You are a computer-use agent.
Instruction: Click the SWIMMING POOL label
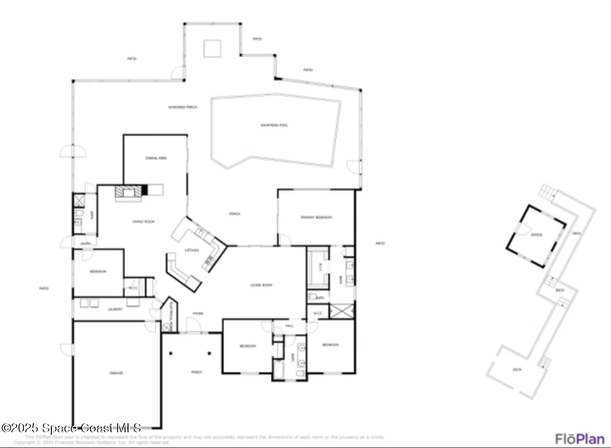point(274,125)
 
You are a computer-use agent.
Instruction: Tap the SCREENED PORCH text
point(182,107)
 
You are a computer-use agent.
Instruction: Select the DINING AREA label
point(156,158)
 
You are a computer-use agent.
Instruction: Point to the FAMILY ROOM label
point(143,222)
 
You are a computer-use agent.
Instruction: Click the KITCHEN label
point(192,250)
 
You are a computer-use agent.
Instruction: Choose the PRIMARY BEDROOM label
point(316,217)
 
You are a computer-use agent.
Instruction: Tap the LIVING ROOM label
point(261,285)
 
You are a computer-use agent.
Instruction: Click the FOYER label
point(197,314)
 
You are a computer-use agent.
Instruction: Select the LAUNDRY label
point(115,309)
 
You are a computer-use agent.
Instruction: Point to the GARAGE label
point(116,373)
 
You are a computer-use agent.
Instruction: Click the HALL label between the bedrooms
point(289,326)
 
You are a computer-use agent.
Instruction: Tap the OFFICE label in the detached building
point(537,234)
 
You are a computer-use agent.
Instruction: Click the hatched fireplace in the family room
point(128,192)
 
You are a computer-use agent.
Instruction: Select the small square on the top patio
point(212,49)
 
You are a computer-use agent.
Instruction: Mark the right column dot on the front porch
point(209,353)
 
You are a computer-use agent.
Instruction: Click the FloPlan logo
point(580,438)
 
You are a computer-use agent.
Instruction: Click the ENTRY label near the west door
point(86,244)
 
